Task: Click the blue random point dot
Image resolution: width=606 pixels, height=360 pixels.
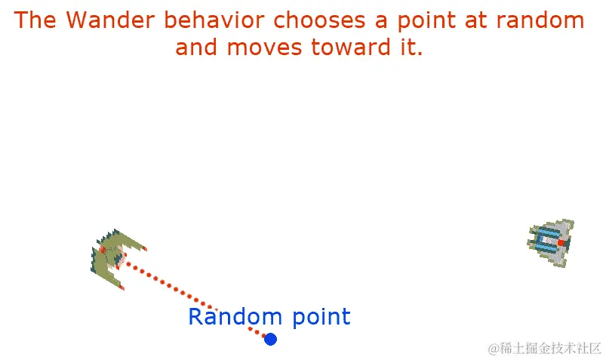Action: (270, 339)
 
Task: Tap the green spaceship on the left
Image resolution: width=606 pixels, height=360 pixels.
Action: (115, 258)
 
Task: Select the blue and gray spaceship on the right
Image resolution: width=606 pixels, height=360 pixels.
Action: (551, 242)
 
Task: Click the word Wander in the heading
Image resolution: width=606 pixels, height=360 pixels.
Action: (110, 20)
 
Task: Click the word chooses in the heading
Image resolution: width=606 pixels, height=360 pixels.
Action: (319, 20)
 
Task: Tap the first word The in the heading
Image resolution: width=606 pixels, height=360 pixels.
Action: (35, 20)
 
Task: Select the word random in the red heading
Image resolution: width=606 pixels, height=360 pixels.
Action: (540, 20)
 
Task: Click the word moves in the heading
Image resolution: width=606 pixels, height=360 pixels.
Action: (264, 48)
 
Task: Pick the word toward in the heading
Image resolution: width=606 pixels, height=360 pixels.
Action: (351, 48)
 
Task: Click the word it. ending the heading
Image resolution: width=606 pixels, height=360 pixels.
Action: (411, 48)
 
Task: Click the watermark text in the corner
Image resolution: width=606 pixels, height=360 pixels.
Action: (545, 348)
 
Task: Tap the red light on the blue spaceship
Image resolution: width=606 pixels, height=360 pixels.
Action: (561, 243)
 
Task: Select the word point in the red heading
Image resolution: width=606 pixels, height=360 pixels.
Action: (426, 21)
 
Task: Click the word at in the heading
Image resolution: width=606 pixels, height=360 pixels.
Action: (475, 20)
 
